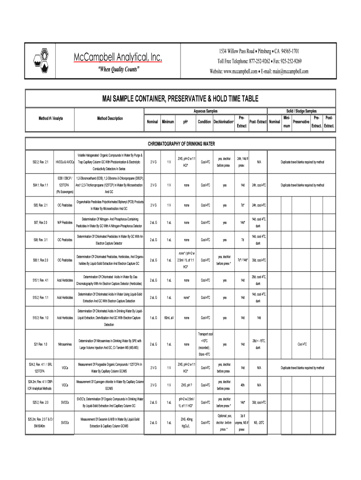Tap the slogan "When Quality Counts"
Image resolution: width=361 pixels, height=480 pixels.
[x=118, y=70]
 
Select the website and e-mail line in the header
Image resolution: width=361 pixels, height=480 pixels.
[x=259, y=72]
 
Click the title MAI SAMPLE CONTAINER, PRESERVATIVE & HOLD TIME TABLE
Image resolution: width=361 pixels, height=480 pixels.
[x=180, y=98]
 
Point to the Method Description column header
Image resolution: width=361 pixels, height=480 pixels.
[x=110, y=118]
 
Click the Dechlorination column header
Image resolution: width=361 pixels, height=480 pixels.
[x=224, y=122]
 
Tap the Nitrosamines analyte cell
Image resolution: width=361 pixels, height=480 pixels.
[x=65, y=345]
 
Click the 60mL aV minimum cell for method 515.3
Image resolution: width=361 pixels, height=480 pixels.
[x=169, y=318]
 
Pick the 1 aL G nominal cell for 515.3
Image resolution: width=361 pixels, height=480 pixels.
[x=153, y=318]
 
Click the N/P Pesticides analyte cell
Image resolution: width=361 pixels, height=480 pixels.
[x=65, y=222]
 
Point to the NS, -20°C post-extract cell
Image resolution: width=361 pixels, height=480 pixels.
[x=259, y=422]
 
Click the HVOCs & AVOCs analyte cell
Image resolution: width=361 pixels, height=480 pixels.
[x=65, y=162]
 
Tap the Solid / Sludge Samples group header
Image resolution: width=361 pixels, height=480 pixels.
[x=301, y=111]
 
